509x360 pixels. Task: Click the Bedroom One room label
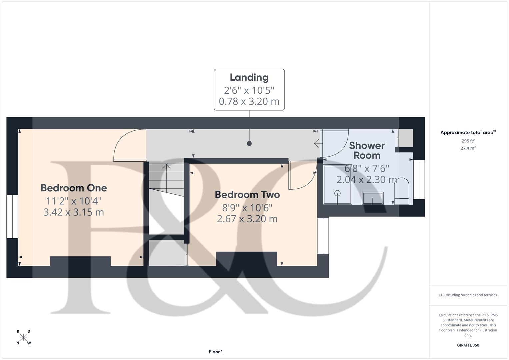point(74,188)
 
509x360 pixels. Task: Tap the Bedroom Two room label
point(247,195)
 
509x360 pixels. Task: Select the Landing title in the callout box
point(249,77)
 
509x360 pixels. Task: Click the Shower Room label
point(367,150)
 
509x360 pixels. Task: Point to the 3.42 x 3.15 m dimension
point(74,212)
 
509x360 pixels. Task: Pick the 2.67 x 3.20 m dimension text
point(247,219)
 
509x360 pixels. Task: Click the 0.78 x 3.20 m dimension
point(249,101)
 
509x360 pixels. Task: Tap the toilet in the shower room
point(402,191)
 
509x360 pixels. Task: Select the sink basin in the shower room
point(373,198)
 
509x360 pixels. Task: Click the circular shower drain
point(337,193)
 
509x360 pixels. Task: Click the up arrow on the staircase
point(166,166)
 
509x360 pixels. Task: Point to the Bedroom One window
point(12,216)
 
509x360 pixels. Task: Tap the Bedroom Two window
point(323,236)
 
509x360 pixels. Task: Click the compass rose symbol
point(23,337)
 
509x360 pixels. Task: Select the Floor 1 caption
point(216,352)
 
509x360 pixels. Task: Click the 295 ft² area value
point(468,141)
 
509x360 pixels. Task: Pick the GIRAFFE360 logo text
point(468,345)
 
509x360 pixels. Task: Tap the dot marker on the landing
point(249,143)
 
